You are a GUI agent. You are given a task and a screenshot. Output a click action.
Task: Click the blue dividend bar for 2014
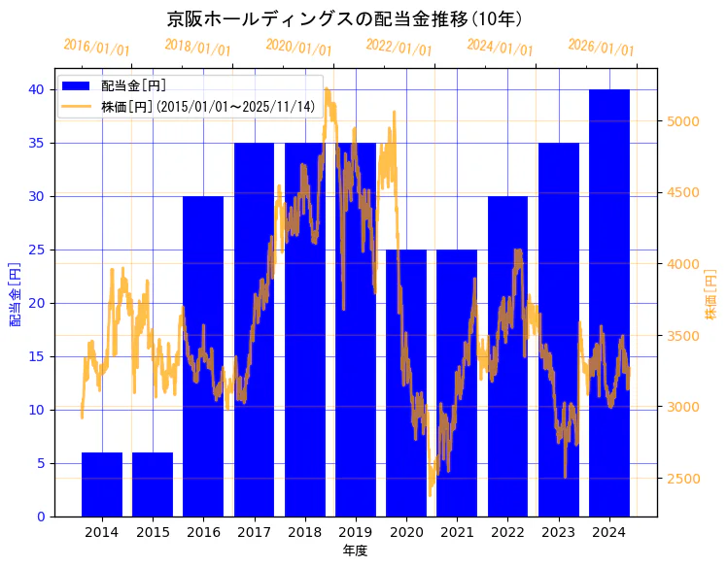pyautogui.click(x=102, y=484)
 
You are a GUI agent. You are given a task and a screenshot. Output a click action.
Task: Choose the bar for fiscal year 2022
pyautogui.click(x=507, y=388)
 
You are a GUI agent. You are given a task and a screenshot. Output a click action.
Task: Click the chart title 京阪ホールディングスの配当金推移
pyautogui.click(x=344, y=19)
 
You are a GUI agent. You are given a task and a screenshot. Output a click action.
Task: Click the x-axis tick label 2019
pyautogui.click(x=356, y=532)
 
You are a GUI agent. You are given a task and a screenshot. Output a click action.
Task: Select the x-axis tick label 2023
pyautogui.click(x=559, y=532)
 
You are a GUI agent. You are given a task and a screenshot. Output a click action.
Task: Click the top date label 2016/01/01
pyautogui.click(x=96, y=47)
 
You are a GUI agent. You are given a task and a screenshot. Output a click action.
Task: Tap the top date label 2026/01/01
pyautogui.click(x=601, y=47)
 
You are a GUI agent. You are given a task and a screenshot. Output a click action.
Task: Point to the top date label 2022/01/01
pyautogui.click(x=399, y=47)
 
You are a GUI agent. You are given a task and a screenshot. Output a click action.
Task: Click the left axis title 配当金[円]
pyautogui.click(x=15, y=294)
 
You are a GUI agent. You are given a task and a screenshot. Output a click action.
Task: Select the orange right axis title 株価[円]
pyautogui.click(x=711, y=294)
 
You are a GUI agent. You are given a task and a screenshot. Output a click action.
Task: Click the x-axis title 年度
pyautogui.click(x=355, y=551)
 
